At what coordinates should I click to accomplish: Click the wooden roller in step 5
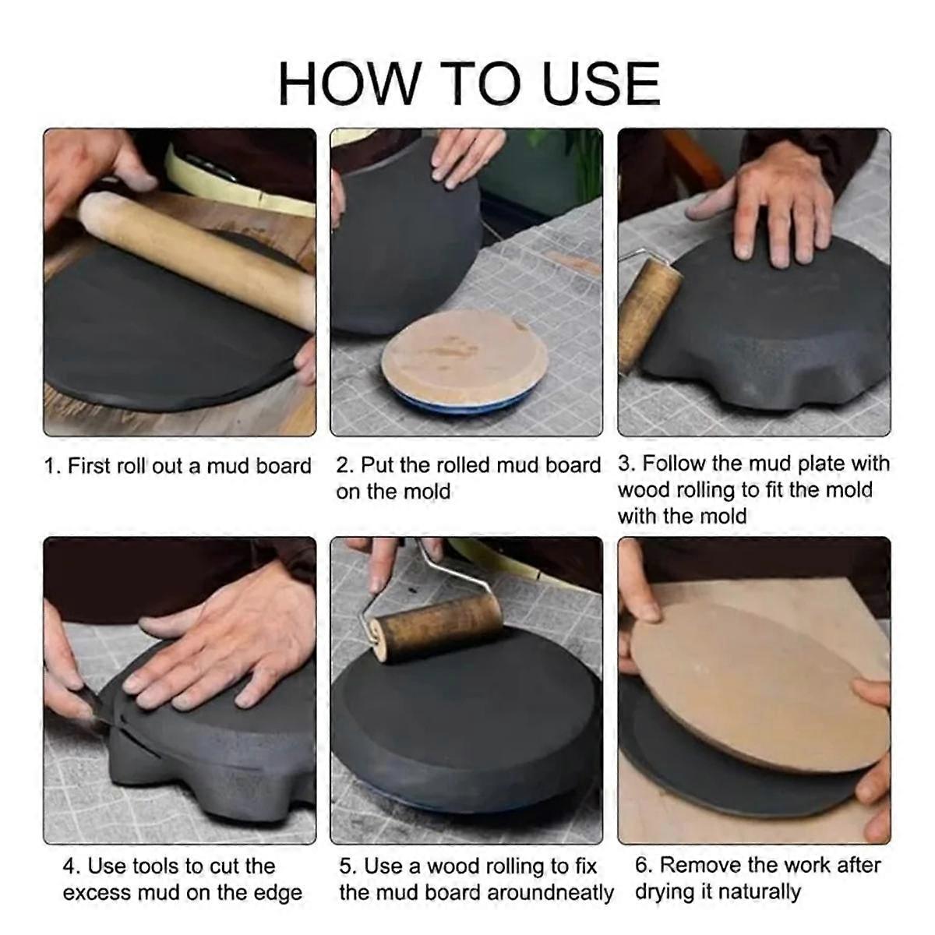[437, 630]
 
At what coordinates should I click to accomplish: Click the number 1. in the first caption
[52, 467]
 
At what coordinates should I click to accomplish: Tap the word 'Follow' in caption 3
[675, 464]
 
